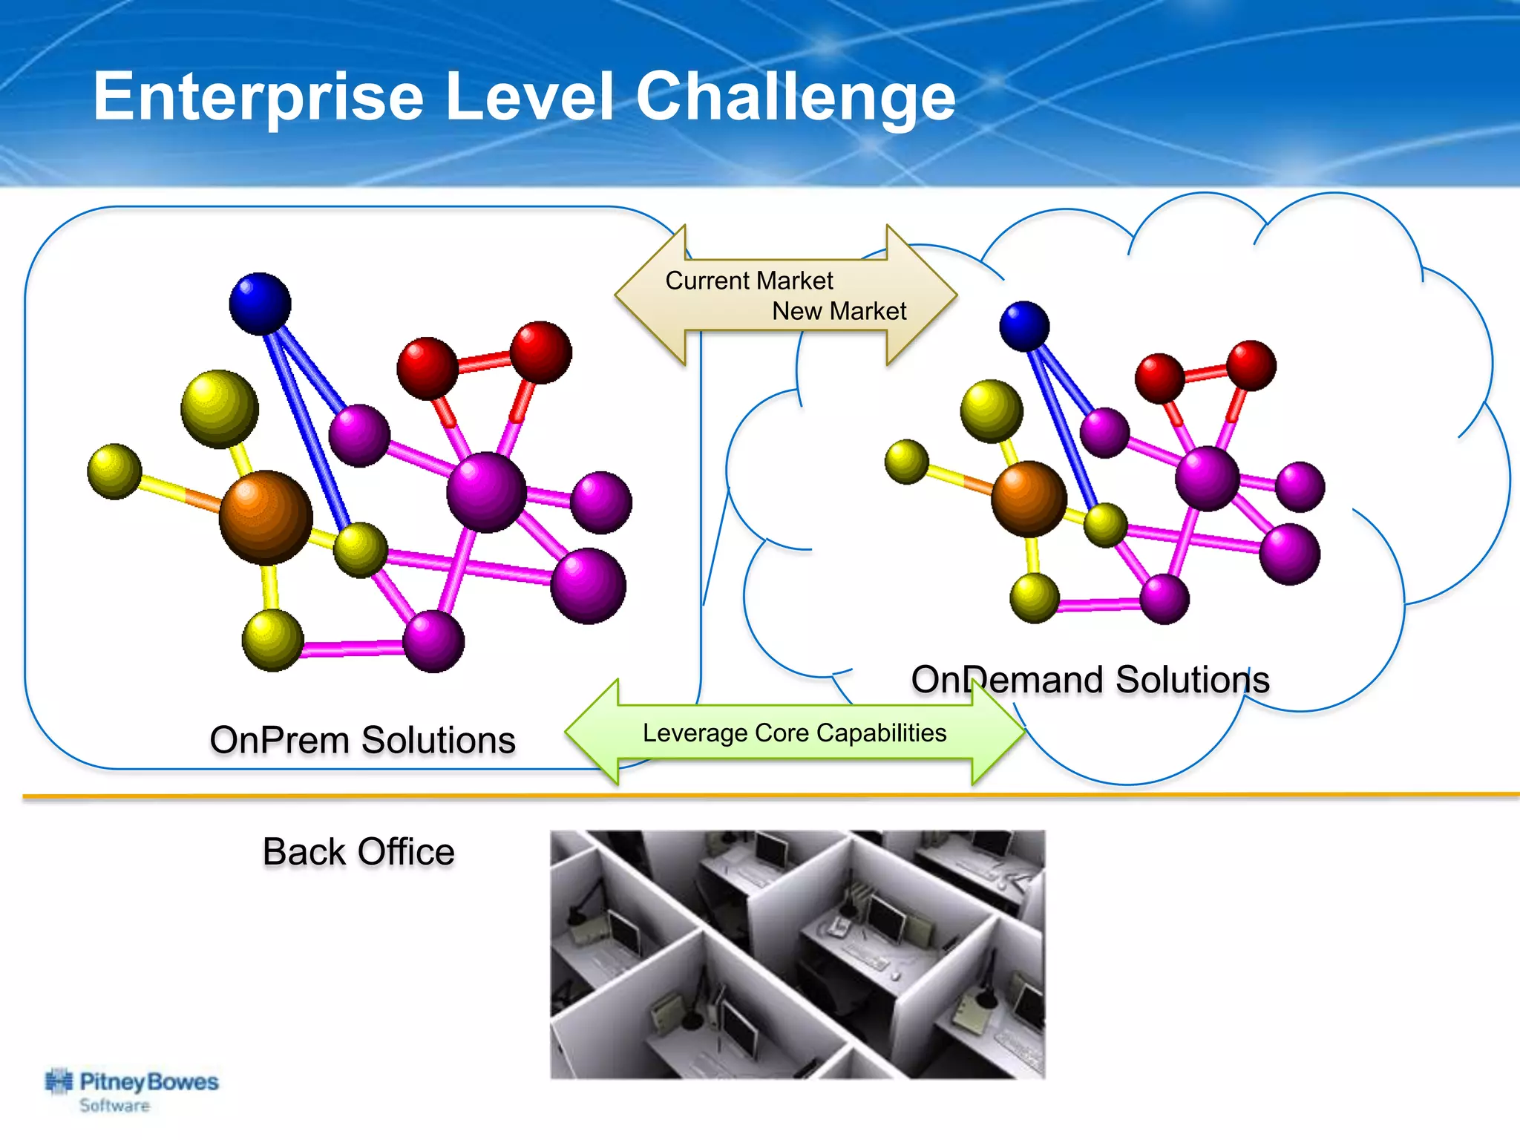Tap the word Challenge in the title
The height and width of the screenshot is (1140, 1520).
tap(795, 97)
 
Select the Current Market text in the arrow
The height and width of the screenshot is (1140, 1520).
tap(748, 281)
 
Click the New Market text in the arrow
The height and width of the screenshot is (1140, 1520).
tap(839, 311)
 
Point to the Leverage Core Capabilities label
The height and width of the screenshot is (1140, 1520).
tap(794, 733)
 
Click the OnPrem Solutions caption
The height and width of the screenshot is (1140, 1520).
tap(362, 740)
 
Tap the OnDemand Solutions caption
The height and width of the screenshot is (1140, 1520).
tap(1090, 680)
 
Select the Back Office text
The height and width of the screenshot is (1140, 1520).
tap(358, 851)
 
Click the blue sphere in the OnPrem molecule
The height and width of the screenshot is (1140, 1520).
tap(260, 304)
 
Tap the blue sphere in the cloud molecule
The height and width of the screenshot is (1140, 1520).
tap(1024, 326)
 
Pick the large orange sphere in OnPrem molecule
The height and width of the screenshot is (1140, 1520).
tap(266, 517)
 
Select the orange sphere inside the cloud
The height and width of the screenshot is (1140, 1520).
tap(1029, 498)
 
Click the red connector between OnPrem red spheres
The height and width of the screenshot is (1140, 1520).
tap(484, 362)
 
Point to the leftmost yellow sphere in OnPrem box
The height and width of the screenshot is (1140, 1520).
tap(114, 471)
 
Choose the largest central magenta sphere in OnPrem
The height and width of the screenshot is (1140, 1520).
tap(486, 492)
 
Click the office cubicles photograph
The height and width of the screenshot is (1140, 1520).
tap(797, 954)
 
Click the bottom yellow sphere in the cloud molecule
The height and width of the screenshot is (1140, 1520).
tap(1034, 597)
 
